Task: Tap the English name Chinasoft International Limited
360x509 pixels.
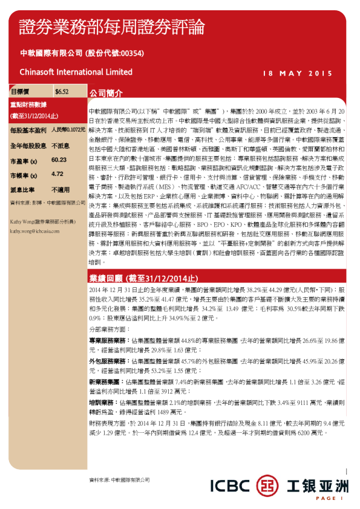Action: tap(76, 72)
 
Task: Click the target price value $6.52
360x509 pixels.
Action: tap(62, 92)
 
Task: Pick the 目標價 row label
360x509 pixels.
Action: tap(20, 92)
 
